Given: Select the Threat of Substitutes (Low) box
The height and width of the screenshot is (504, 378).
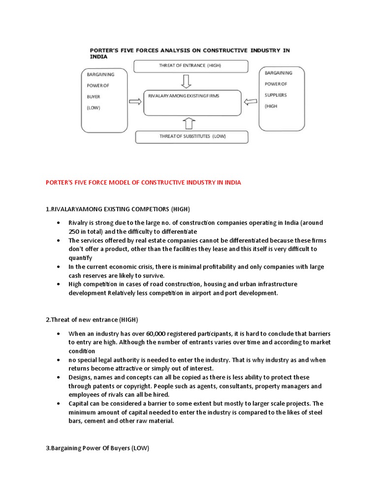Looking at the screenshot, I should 191,136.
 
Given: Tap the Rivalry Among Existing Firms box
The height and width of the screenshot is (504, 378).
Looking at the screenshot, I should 192,102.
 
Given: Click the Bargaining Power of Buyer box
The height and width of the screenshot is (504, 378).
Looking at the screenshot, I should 104,100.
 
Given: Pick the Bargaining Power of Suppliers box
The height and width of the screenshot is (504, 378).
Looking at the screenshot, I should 282,98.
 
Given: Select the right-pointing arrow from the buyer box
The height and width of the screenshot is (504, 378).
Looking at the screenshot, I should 134,102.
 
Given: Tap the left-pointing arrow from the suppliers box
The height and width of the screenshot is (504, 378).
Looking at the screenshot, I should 251,102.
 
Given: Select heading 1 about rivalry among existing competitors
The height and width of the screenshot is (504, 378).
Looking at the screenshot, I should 118,209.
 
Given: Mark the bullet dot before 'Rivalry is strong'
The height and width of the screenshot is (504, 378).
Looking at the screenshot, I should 58,222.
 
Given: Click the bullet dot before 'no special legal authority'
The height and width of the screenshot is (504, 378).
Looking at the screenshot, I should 58,360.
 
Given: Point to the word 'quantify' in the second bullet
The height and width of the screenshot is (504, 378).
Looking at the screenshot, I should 81,258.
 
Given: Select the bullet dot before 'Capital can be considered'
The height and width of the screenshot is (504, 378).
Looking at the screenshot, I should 58,404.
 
